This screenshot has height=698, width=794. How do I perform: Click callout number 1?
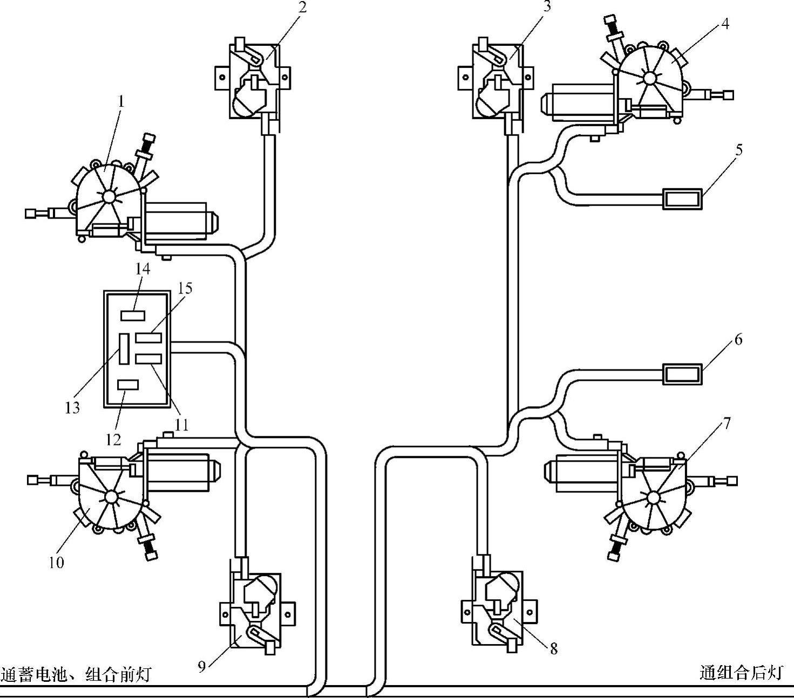pos(121,101)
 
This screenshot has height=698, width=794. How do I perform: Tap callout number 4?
pos(724,24)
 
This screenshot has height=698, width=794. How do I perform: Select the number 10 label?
pos(56,563)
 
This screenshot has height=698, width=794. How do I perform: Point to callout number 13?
pos(72,407)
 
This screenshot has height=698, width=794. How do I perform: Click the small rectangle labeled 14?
pos(133,315)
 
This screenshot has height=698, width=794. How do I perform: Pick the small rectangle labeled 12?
pos(128,385)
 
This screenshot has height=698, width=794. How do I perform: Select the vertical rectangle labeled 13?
pos(124,348)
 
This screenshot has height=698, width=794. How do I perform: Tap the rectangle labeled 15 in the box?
pos(148,338)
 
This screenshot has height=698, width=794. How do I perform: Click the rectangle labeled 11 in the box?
pos(148,359)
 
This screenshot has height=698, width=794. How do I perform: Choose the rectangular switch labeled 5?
pos(682,199)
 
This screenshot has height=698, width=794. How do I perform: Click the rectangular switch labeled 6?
pos(682,374)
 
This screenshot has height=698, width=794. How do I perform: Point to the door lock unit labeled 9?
pos(257,612)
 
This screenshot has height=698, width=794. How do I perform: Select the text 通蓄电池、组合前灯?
pos(76,674)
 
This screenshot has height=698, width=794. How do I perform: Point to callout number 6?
pos(738,340)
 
